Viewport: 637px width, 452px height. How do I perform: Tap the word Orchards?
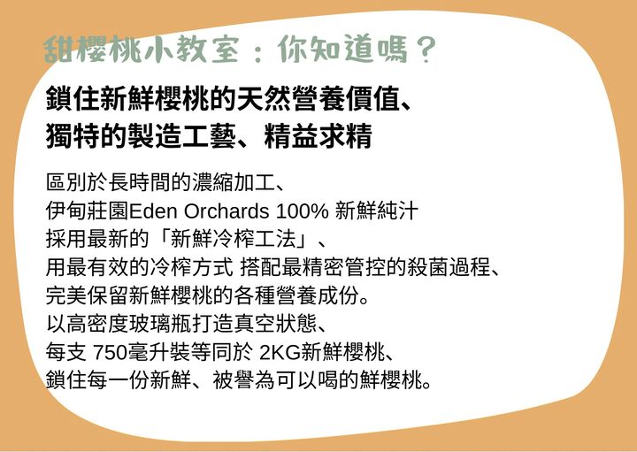point(226,211)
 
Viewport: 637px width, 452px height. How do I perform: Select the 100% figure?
point(303,211)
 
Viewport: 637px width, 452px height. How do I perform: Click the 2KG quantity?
point(280,353)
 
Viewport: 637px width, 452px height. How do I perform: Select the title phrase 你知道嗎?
point(342,50)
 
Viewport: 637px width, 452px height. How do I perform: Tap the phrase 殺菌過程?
point(449,268)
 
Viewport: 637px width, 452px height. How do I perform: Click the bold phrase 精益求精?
point(318,136)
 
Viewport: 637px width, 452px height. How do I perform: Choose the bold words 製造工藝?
point(181,136)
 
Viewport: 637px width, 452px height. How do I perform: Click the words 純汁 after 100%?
point(397,211)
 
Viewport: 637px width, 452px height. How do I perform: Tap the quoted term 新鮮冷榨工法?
point(233,239)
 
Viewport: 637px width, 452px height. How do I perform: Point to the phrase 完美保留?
point(87,296)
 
